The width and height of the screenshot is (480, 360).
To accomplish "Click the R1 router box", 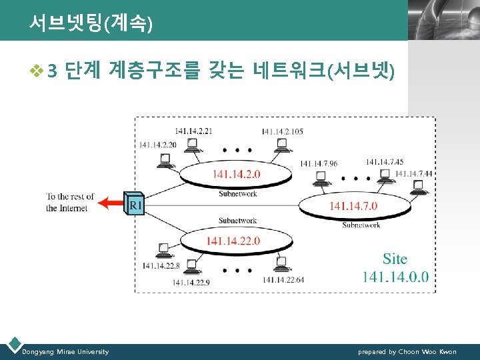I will pos(135,205).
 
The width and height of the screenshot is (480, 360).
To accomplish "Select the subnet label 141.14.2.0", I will pos(237,174).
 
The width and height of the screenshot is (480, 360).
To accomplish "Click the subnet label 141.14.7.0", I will pos(353,206).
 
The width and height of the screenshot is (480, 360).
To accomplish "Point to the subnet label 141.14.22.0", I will pos(233,241).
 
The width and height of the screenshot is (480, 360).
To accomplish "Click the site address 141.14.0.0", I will pos(395,277).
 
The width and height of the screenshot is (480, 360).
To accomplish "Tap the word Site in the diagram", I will pos(395,259).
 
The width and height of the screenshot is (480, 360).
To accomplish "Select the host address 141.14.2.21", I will pos(193,131).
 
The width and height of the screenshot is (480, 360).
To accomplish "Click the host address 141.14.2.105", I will pos(282,131).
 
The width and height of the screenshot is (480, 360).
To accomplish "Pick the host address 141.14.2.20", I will pos(159,145).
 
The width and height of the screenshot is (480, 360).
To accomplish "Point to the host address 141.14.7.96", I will pos(318,163).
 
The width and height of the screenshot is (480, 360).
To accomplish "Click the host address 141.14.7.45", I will pos(385,161).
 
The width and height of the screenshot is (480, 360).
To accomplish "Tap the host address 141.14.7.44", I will pos(413,174).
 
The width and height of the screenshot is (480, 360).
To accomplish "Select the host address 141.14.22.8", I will pos(161,266).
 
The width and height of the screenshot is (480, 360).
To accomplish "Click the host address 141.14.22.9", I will pos(191,281).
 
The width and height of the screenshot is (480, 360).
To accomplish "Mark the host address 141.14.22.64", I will pos(283,280).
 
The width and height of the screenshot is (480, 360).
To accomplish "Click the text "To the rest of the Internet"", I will pos(70,203).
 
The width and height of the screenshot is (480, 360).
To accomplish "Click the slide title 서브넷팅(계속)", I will pos(91,24).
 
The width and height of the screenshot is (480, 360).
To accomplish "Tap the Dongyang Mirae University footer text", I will pos(65,351).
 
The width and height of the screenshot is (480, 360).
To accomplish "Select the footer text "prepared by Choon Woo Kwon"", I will pos(407,351).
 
